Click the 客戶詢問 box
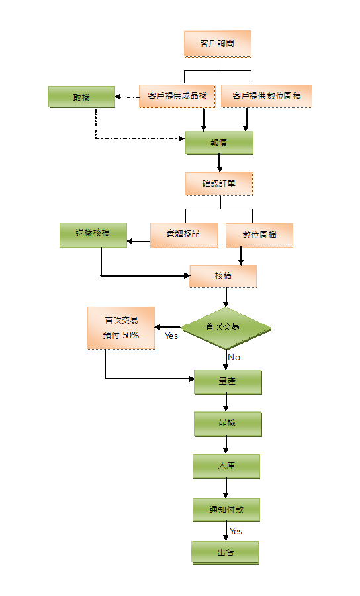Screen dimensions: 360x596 [218, 44]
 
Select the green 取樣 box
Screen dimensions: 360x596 [81, 97]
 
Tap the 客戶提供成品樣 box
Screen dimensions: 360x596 [177, 96]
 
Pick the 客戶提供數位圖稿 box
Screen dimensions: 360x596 [266, 96]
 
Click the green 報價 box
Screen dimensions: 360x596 [219, 143]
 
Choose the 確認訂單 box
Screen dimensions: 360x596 [219, 184]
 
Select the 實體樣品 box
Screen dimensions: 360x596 [184, 235]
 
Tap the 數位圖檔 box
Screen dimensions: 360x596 [259, 236]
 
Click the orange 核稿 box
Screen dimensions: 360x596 [223, 276]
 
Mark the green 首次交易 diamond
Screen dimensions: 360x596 [226, 328]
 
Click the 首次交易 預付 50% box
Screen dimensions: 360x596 [121, 328]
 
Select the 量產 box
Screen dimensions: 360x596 [228, 382]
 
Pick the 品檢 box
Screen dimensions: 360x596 [228, 423]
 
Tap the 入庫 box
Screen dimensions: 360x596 [226, 466]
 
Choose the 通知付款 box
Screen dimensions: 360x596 [226, 510]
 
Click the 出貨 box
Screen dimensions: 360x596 [226, 553]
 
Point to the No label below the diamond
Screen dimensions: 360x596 [234, 358]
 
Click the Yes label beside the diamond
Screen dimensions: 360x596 [171, 336]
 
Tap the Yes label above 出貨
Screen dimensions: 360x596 [236, 531]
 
